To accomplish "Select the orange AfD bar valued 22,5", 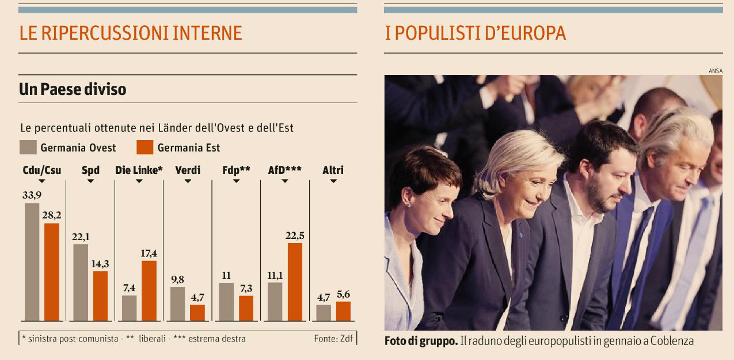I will coord(295,282).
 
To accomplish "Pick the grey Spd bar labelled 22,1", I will coord(81,282).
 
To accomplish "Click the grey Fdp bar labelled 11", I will coord(226,301).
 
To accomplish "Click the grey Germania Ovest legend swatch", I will coord(28,147).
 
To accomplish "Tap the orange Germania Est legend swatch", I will coord(145,147).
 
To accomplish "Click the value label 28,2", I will coord(52,215).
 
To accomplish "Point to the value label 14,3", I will coord(100,264).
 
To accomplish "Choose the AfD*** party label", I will coord(284,170).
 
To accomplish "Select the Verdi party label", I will coord(187,170).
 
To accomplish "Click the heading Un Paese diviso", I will coord(73,90).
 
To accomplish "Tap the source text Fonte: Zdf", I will coord(333,339).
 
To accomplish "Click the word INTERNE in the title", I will coord(207,33).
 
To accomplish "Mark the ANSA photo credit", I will coord(716,71).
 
